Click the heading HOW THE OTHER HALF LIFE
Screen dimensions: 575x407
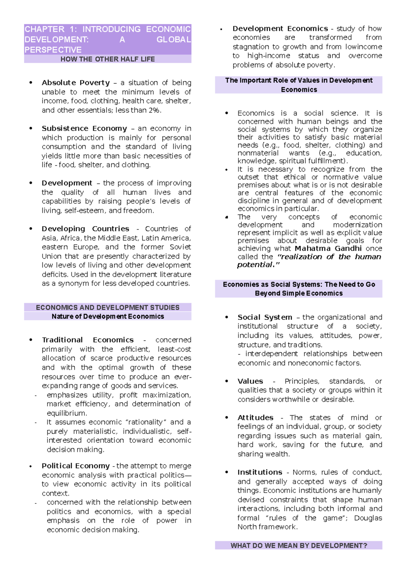(108, 59)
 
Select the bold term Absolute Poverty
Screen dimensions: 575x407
(76, 83)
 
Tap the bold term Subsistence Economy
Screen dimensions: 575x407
(84, 128)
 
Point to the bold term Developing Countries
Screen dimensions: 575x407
(85, 229)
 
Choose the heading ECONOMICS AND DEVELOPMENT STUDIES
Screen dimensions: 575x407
(108, 308)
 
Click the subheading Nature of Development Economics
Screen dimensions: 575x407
(108, 316)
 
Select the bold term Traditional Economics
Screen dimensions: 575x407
(88, 340)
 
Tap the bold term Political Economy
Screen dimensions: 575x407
(76, 466)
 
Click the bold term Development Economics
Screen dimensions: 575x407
(280, 29)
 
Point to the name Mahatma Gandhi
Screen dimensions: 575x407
(328, 249)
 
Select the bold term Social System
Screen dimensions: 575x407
(265, 317)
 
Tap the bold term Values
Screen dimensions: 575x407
(250, 381)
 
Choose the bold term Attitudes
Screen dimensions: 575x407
(255, 418)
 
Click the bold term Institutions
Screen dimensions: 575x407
(259, 472)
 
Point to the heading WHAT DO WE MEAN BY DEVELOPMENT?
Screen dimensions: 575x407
(298, 546)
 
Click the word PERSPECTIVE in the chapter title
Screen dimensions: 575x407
(53, 50)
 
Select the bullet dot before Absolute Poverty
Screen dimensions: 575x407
(31, 82)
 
